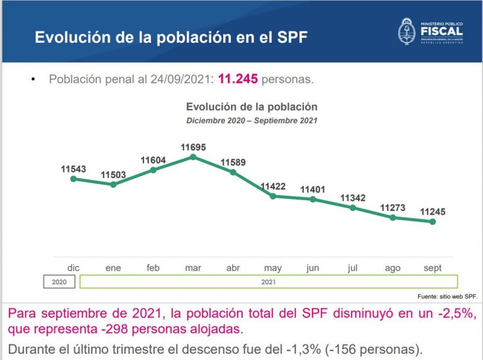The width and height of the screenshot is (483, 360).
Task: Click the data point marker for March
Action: pyautogui.click(x=193, y=157)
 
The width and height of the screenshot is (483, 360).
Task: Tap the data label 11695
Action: pyautogui.click(x=193, y=147)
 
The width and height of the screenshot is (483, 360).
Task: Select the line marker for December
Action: pyautogui.click(x=74, y=179)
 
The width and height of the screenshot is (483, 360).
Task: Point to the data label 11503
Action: pyautogui.click(x=113, y=174)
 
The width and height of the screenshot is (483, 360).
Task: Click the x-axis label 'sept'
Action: pyautogui.click(x=432, y=268)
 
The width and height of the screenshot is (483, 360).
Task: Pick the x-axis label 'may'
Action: pyautogui.click(x=273, y=268)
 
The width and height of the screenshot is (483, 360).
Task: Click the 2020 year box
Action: pyautogui.click(x=59, y=282)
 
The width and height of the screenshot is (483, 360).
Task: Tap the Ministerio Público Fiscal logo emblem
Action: pyautogui.click(x=408, y=31)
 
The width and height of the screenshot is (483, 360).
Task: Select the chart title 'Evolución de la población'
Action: pyautogui.click(x=252, y=107)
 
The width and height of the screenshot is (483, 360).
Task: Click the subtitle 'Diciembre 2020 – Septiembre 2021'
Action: pyautogui.click(x=252, y=120)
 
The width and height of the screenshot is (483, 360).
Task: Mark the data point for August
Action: pyautogui.click(x=392, y=218)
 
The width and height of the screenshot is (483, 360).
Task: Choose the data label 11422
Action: pyautogui.click(x=273, y=186)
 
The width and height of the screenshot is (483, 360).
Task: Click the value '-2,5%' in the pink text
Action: pyautogui.click(x=453, y=313)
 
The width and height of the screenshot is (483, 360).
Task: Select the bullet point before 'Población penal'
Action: pyautogui.click(x=33, y=81)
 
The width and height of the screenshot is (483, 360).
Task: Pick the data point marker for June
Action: pyautogui.click(x=313, y=200)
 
